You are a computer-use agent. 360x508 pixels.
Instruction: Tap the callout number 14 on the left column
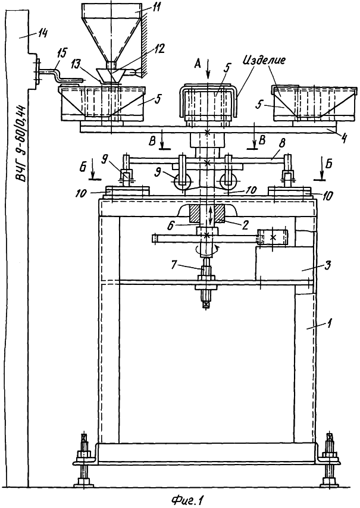coord(42,33)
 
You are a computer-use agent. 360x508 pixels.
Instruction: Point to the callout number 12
coord(158,49)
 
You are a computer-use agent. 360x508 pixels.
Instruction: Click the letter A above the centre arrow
coord(197,64)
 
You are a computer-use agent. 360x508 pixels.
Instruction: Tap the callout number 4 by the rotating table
coord(344,139)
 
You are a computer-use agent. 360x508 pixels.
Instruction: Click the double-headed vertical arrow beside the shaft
coord(211,215)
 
